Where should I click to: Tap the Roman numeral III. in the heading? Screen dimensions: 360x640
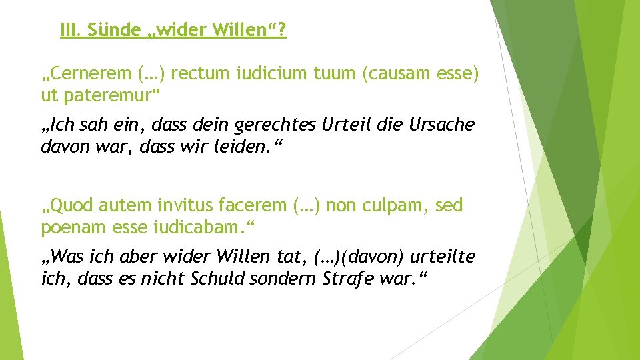click(69, 30)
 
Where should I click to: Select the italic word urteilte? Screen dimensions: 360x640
click(445, 255)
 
